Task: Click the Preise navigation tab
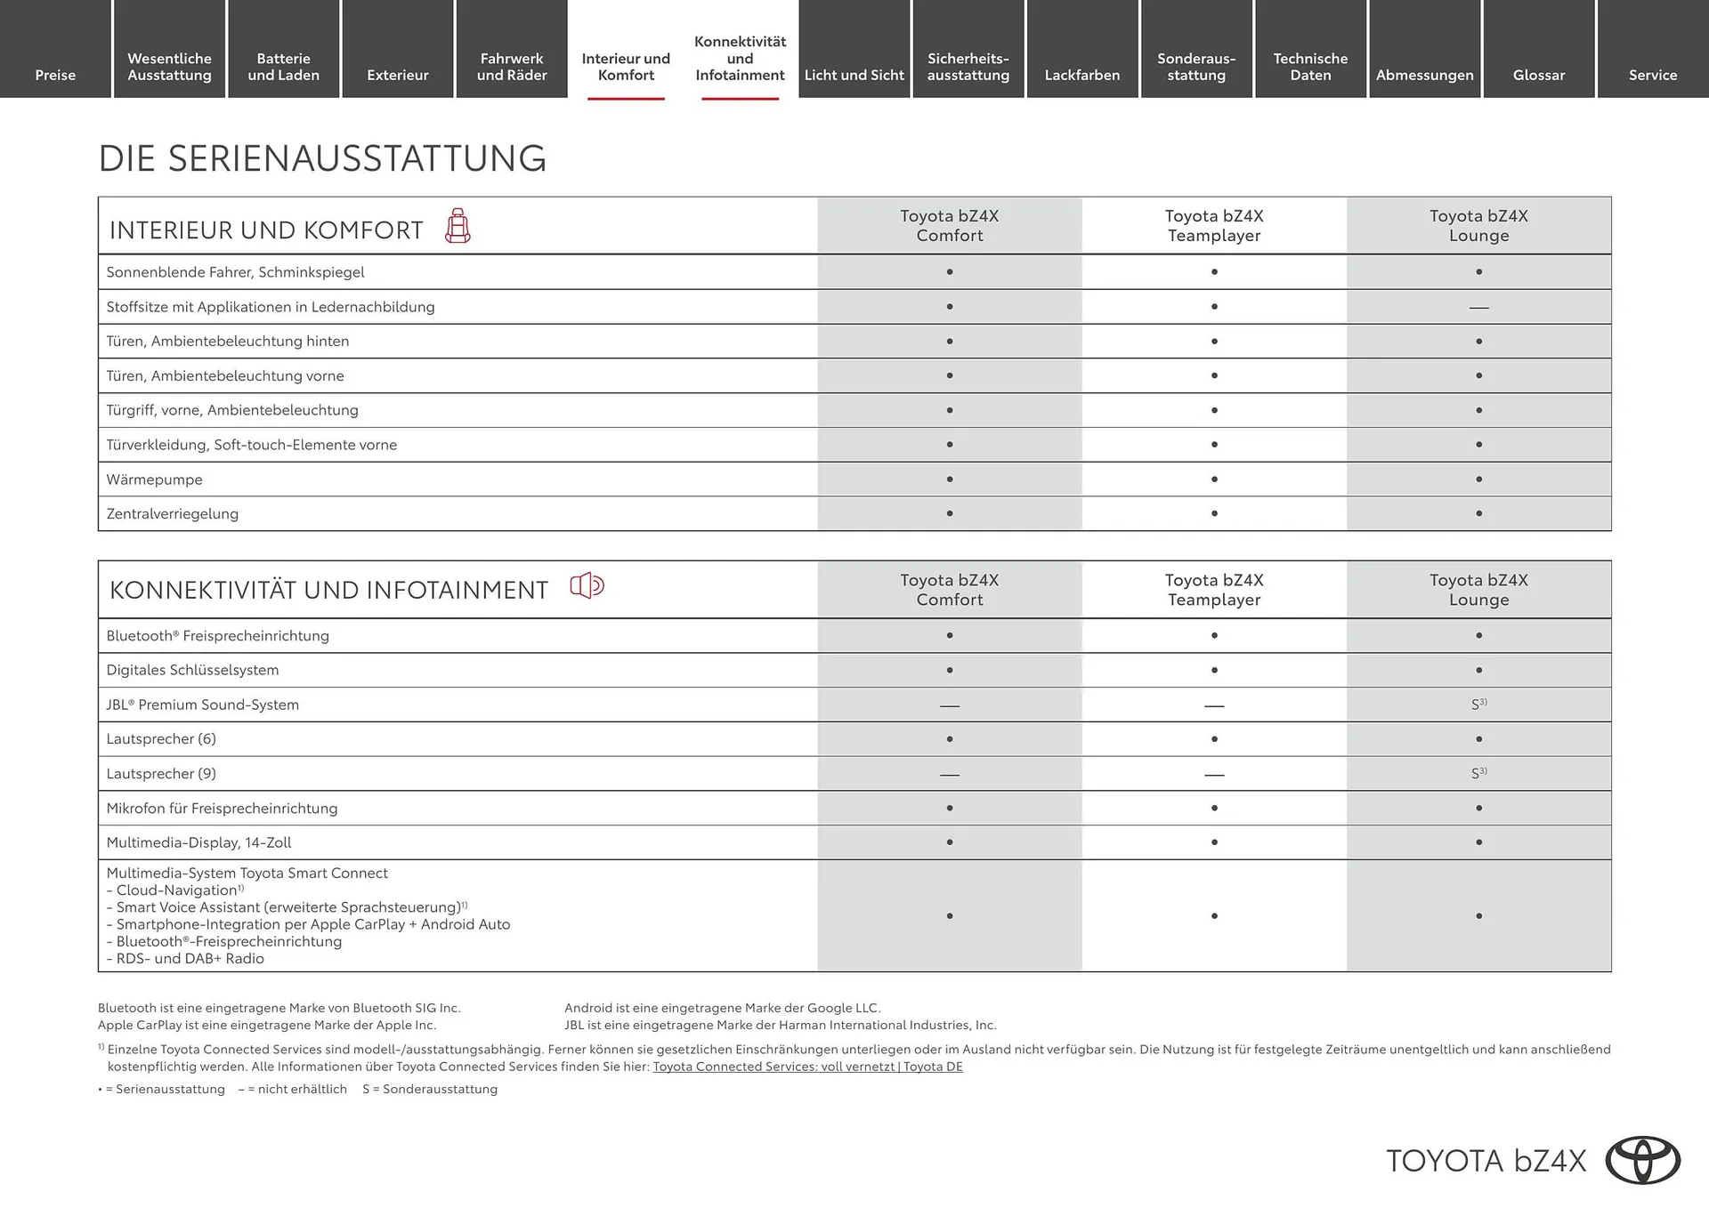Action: coord(55,75)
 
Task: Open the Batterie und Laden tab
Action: coord(283,67)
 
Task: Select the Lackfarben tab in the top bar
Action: coord(1081,75)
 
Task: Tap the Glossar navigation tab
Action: coord(1538,75)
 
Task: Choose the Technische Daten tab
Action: coord(1310,67)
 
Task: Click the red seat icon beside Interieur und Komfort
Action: coord(458,226)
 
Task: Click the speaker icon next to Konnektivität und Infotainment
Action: coord(587,585)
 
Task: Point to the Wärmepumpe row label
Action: coord(154,479)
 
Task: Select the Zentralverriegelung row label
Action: coord(172,514)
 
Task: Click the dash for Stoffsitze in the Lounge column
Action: coord(1478,308)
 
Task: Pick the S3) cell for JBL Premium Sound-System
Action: coord(1478,704)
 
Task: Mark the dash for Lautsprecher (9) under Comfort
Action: coord(949,775)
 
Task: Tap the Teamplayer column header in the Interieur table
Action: coord(1214,226)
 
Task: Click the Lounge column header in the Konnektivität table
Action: coord(1478,590)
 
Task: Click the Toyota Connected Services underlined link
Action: coord(807,1067)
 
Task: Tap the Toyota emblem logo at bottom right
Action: coord(1642,1161)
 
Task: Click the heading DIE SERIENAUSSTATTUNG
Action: coord(322,158)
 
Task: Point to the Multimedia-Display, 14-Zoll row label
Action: coord(198,842)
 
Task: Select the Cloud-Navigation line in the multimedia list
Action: coord(176,890)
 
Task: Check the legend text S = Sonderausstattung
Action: coord(430,1090)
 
